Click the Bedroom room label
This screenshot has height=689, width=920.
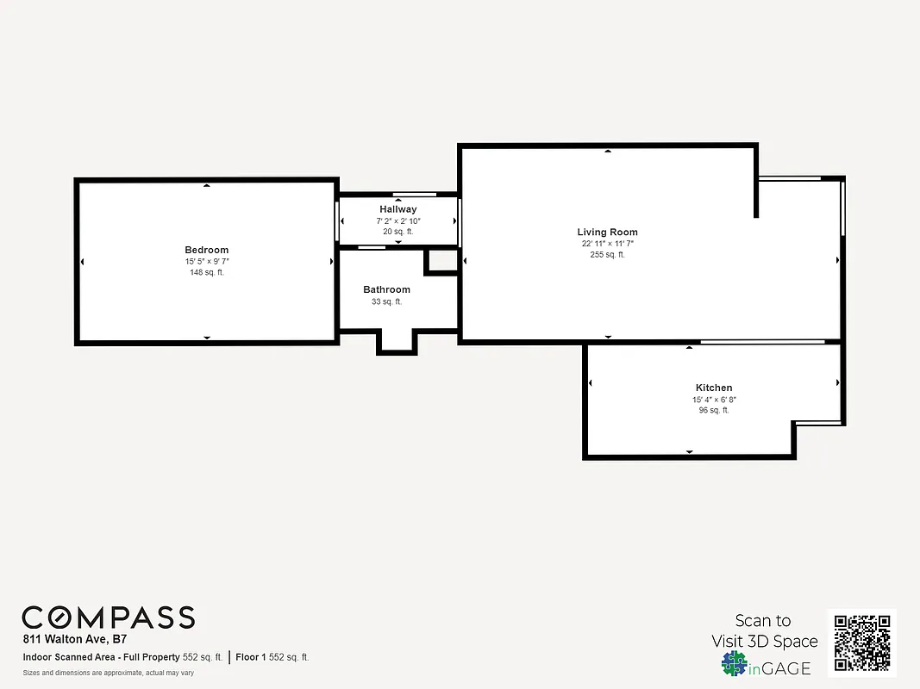(x=206, y=250)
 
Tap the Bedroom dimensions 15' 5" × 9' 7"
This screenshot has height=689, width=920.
(x=206, y=261)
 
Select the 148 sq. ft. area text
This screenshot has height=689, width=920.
(x=206, y=272)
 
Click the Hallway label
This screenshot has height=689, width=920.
(x=397, y=209)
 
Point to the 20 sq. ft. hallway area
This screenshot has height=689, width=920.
(x=397, y=232)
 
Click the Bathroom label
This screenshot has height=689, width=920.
(x=386, y=289)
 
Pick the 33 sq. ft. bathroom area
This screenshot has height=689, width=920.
(x=386, y=301)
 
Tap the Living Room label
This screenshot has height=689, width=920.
(x=607, y=232)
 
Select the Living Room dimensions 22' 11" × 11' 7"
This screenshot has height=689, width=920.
(x=607, y=244)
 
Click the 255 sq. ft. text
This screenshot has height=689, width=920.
(x=607, y=255)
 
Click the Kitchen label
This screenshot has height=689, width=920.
(x=714, y=388)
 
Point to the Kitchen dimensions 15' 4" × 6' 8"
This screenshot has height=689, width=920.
(x=714, y=400)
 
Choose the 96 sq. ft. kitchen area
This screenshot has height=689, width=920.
(x=714, y=411)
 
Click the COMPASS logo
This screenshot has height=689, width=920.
(x=108, y=618)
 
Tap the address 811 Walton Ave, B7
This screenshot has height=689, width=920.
(x=74, y=640)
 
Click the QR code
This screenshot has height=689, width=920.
(x=862, y=642)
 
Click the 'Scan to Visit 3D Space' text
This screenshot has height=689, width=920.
(x=764, y=630)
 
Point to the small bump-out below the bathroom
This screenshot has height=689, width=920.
(x=397, y=342)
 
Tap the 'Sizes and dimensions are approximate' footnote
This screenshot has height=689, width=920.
(x=108, y=673)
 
